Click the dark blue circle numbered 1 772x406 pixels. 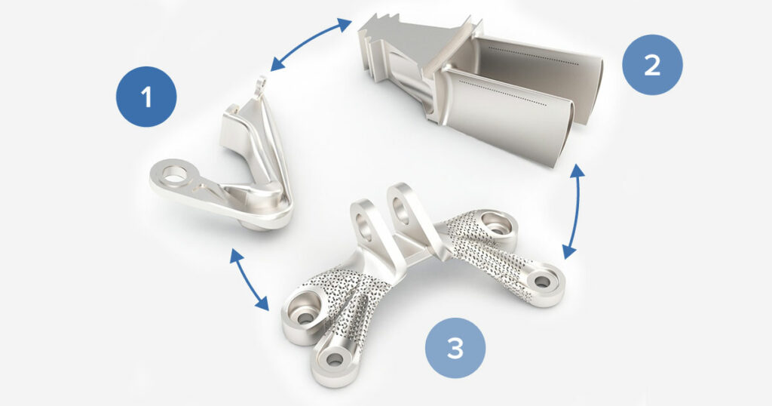pos(146,97)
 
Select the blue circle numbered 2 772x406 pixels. pos(652,65)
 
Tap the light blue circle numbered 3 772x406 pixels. pos(455,348)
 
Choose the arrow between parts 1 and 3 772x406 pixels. pos(249,279)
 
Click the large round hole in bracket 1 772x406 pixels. pos(176,174)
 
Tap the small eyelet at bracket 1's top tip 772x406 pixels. pos(262,82)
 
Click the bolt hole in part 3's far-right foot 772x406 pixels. pos(542,281)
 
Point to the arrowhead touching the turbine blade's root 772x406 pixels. pos(345,25)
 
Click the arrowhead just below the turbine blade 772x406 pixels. pos(578,171)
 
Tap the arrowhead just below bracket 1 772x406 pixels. pos(237,255)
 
